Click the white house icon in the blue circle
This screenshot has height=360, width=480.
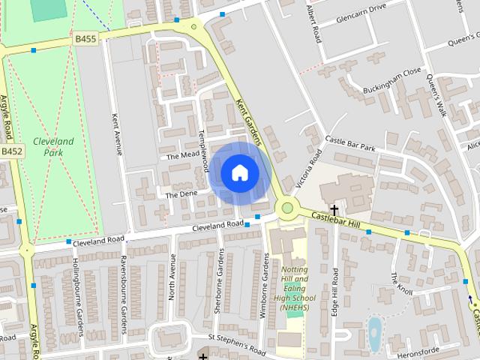click(239, 172)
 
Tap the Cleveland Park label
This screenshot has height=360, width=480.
click(52, 146)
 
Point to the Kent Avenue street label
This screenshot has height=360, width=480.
click(116, 134)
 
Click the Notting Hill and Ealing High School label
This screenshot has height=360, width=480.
click(290, 289)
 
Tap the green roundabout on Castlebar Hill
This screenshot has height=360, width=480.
click(286, 208)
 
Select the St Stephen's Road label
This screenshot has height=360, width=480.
click(237, 344)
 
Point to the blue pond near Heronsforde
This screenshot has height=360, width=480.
click(373, 334)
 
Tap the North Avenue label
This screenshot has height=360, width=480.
click(172, 277)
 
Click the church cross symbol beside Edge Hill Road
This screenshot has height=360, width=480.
click(334, 211)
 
